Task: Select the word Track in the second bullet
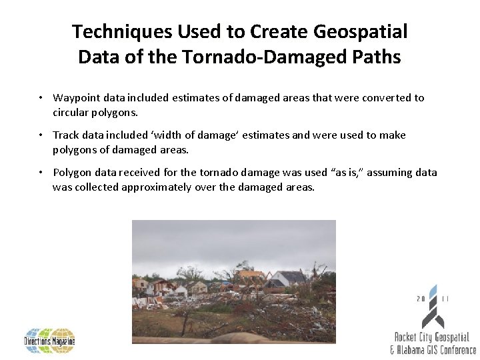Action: (x=65, y=135)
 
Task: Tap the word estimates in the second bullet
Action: (x=265, y=135)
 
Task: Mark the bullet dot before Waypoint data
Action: (x=41, y=98)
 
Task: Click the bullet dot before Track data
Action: (x=41, y=135)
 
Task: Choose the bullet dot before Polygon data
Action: (x=41, y=173)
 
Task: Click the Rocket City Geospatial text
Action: (x=432, y=338)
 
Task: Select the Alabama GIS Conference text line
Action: (x=433, y=349)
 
